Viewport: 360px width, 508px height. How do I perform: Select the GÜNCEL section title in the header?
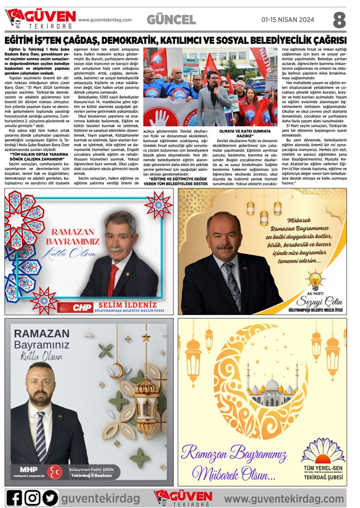click(x=171, y=20)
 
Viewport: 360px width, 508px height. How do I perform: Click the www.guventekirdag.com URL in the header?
click(x=105, y=20)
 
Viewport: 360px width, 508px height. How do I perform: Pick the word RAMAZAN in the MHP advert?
click(x=45, y=333)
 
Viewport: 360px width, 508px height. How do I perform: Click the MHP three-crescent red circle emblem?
click(x=54, y=472)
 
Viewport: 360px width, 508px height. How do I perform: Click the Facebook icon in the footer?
click(x=15, y=497)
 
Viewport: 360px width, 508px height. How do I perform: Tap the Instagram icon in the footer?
click(x=32, y=497)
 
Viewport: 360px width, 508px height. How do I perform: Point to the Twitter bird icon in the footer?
click(x=50, y=497)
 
